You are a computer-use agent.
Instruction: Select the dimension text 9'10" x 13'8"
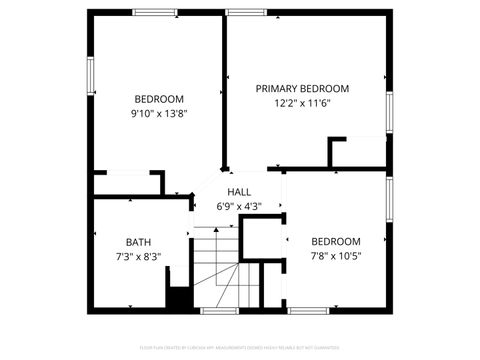159,113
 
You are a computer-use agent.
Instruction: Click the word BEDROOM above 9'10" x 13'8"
159,98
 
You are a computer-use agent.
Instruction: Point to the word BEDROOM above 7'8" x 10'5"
335,241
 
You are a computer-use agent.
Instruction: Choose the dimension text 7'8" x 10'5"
335,256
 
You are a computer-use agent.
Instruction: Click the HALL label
239,192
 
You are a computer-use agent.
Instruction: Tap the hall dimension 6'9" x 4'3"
239,207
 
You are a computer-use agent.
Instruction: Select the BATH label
138,242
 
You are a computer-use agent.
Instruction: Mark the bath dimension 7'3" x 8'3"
138,257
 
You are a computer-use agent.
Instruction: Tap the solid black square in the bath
179,298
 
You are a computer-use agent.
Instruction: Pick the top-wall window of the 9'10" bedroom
155,13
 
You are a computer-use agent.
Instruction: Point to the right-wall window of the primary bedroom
389,113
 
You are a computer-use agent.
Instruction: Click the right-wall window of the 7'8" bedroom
389,194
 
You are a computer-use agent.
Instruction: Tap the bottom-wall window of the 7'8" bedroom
308,311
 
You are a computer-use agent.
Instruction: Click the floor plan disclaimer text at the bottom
240,347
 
